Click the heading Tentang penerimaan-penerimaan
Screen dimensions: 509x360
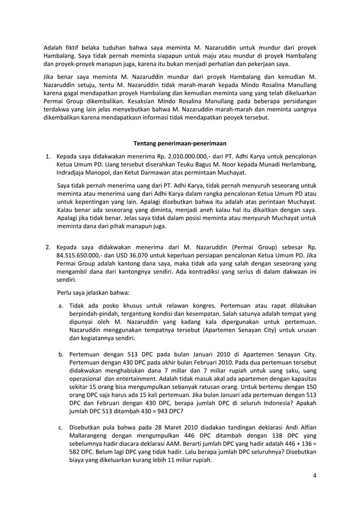pos(179,142)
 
